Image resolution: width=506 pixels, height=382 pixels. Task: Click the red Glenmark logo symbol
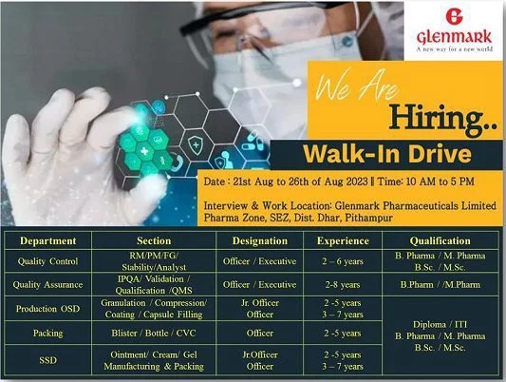tap(454, 16)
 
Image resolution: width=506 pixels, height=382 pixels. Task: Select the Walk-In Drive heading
tap(387, 154)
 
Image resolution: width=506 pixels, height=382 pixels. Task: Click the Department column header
tap(48, 241)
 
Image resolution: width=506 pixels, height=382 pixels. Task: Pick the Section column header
tap(154, 241)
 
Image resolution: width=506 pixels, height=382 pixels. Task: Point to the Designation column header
tap(260, 241)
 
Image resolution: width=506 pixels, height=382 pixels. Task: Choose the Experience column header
tap(343, 241)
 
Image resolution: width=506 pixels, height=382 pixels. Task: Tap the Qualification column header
tap(440, 241)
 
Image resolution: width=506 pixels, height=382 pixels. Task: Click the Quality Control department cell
tap(47, 261)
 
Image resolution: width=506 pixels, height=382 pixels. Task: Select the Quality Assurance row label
tap(47, 285)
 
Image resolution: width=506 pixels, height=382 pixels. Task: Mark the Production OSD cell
tap(47, 309)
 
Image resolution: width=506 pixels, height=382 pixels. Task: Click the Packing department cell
tap(47, 333)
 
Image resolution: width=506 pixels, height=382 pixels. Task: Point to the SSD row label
tap(47, 360)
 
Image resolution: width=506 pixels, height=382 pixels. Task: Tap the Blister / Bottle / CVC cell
tap(154, 333)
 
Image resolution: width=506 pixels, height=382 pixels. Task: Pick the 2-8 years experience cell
tap(343, 285)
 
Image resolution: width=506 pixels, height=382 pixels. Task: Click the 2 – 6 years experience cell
tap(343, 261)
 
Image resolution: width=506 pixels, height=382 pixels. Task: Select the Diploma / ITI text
tap(440, 324)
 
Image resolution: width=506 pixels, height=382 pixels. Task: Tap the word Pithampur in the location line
tap(369, 218)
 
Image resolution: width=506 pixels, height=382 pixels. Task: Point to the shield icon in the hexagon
tap(196, 144)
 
